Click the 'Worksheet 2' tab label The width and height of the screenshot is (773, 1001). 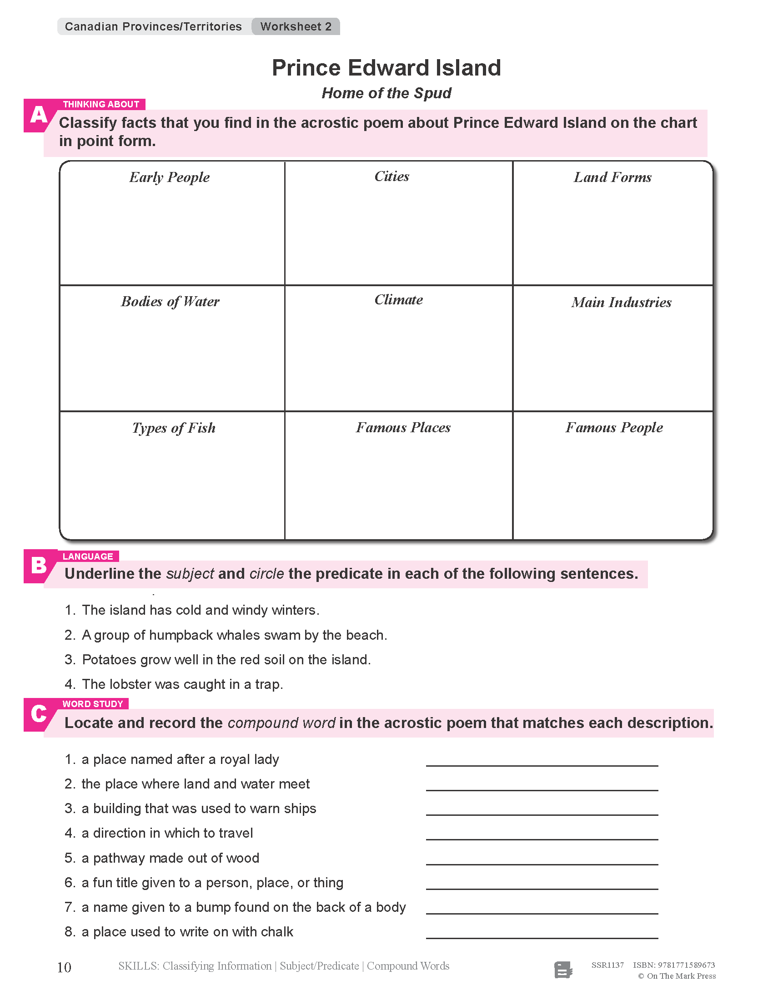tap(296, 26)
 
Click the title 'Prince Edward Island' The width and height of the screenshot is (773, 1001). tap(386, 68)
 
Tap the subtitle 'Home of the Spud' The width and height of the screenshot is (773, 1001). tap(386, 93)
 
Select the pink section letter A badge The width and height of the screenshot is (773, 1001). tap(39, 115)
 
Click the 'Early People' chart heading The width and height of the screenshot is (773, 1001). tap(170, 177)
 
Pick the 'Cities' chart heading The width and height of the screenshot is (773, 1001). tap(392, 177)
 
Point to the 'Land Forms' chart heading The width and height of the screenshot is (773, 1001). tap(612, 177)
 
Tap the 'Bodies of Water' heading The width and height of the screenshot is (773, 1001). tap(170, 302)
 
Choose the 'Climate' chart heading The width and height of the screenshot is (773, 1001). tap(398, 300)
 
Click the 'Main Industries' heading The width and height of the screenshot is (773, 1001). tap(621, 303)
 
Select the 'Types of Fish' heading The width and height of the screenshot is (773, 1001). tap(174, 428)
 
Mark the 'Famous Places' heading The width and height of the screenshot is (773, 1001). tap(403, 428)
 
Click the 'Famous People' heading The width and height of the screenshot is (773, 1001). tap(614, 428)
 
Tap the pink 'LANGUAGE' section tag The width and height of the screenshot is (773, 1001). tap(87, 556)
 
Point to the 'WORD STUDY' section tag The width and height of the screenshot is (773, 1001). tap(92, 704)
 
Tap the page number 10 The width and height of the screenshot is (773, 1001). tap(64, 967)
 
